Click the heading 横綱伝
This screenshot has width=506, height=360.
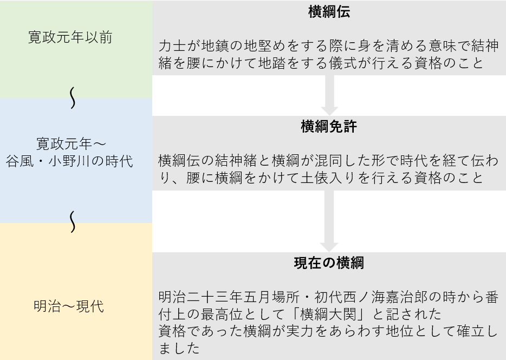pyautogui.click(x=328, y=12)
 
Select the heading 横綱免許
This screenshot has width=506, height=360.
pyautogui.click(x=328, y=127)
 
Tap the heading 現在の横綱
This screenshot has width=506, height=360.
pyautogui.click(x=328, y=263)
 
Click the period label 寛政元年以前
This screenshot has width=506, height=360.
pyautogui.click(x=70, y=38)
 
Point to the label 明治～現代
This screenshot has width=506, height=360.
pyautogui.click(x=68, y=306)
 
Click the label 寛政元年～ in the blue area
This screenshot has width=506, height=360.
pyautogui.click(x=71, y=144)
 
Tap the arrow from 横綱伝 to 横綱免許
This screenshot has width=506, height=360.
pyautogui.click(x=329, y=95)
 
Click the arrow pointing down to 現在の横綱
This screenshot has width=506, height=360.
pyautogui.click(x=329, y=221)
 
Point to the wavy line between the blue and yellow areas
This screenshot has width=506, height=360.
pyautogui.click(x=73, y=222)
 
